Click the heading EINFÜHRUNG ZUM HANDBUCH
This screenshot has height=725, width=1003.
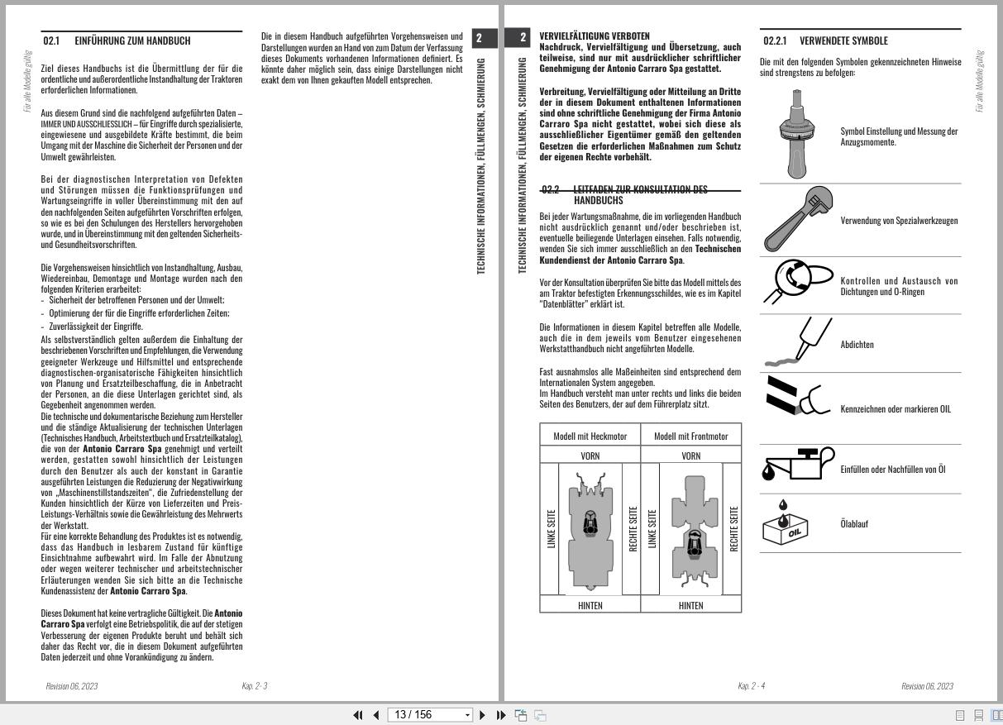tap(132, 41)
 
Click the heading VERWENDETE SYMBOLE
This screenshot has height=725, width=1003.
tap(843, 41)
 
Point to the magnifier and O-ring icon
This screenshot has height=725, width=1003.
tap(797, 284)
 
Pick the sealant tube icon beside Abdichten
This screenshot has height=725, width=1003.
tap(794, 343)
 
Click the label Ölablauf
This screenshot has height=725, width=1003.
tap(854, 524)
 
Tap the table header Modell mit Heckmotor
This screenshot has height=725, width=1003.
tap(590, 436)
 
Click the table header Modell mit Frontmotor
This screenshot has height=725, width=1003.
tap(690, 436)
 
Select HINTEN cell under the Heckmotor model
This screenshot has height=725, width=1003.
tap(590, 605)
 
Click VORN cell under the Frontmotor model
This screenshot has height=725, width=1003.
tap(690, 456)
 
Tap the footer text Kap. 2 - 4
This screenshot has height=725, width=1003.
tap(751, 686)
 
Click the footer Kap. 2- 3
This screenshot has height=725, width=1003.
tap(254, 686)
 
